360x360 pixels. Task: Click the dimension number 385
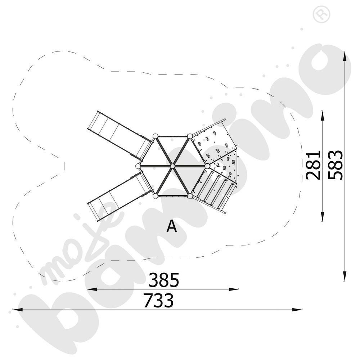pyautogui.click(x=164, y=280)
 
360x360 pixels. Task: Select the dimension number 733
pyautogui.click(x=158, y=300)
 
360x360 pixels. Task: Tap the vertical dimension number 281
pyautogui.click(x=313, y=165)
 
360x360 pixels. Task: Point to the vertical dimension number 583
pyautogui.click(x=336, y=165)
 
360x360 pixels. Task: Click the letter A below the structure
pyautogui.click(x=172, y=226)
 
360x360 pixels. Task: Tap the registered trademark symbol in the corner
pyautogui.click(x=321, y=15)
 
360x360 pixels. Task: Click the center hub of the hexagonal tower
pyautogui.click(x=173, y=166)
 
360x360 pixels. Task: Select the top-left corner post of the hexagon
pyautogui.click(x=155, y=136)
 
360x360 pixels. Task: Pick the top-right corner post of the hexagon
pyautogui.click(x=190, y=136)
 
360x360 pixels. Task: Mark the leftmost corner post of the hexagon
pyautogui.click(x=138, y=166)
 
